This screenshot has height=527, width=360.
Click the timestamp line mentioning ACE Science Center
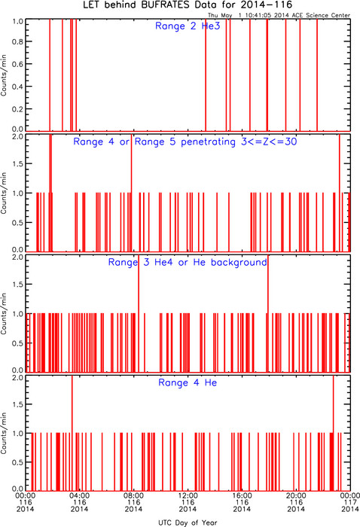click(279, 15)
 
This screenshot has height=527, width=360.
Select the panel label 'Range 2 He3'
click(188, 26)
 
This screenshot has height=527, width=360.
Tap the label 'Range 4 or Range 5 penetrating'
click(154, 142)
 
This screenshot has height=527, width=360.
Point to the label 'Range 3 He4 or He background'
click(188, 262)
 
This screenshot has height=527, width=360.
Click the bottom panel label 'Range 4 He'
click(188, 382)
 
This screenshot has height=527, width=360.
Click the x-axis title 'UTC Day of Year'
click(188, 522)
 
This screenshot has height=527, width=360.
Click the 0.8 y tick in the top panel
click(17, 41)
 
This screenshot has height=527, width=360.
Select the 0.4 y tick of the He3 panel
click(17, 87)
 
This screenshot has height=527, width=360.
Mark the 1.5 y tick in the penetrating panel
click(17, 163)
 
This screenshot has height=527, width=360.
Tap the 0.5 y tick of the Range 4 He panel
click(17, 462)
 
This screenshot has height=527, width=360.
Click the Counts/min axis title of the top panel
click(4, 75)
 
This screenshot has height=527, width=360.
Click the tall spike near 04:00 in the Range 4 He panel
click(72, 433)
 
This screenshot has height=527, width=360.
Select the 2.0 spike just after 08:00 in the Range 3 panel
click(139, 313)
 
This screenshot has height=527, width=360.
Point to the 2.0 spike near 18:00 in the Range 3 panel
click(268, 313)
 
